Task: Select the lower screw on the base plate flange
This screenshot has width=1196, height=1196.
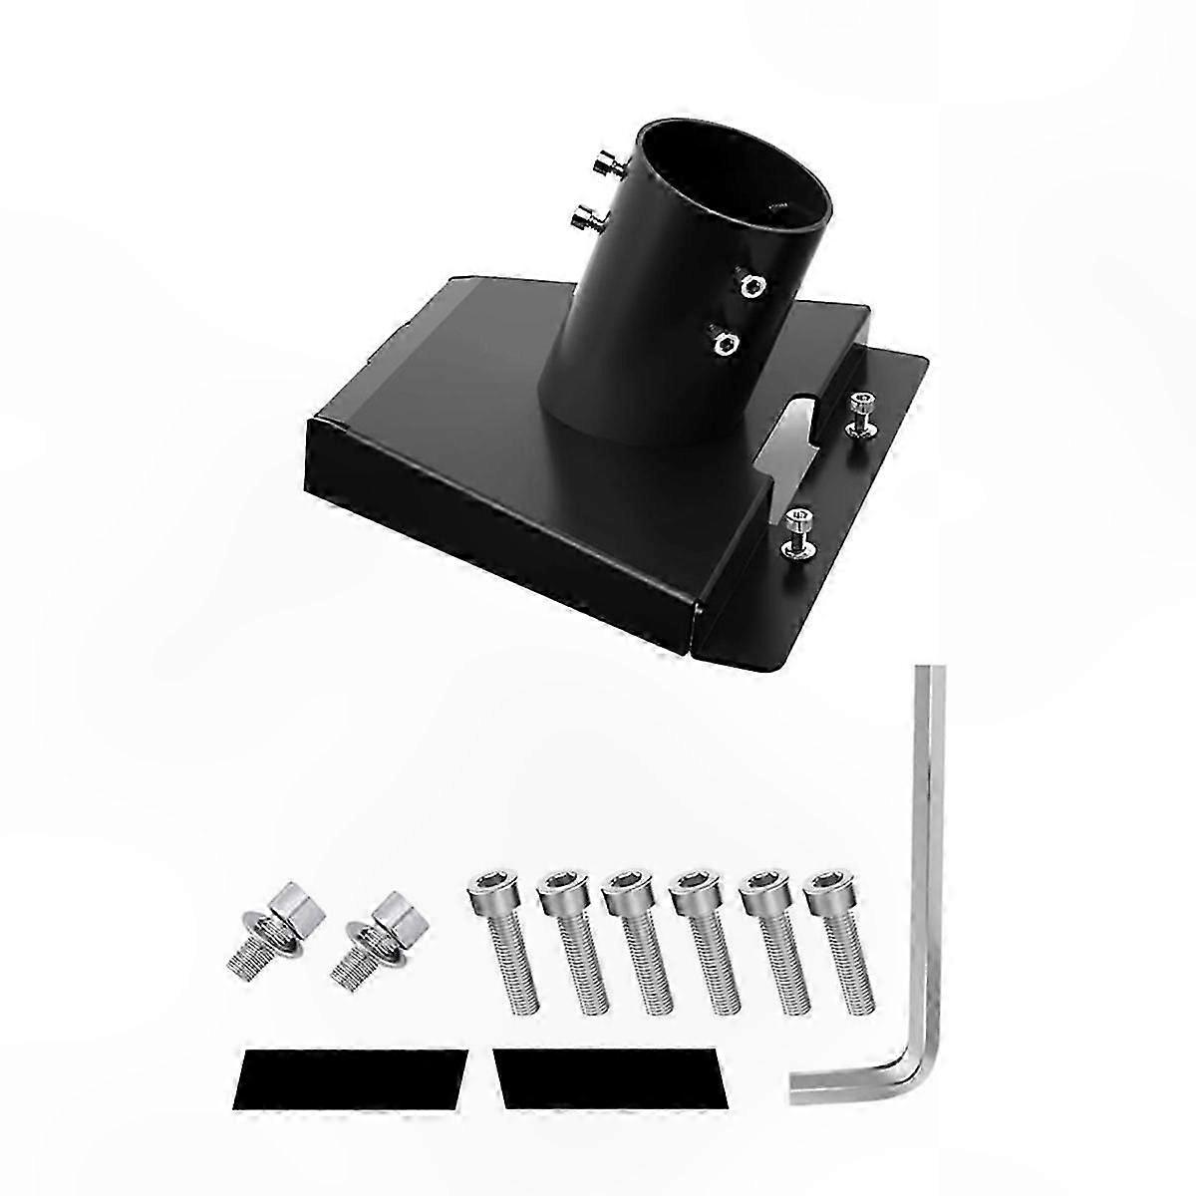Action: pos(796,525)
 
